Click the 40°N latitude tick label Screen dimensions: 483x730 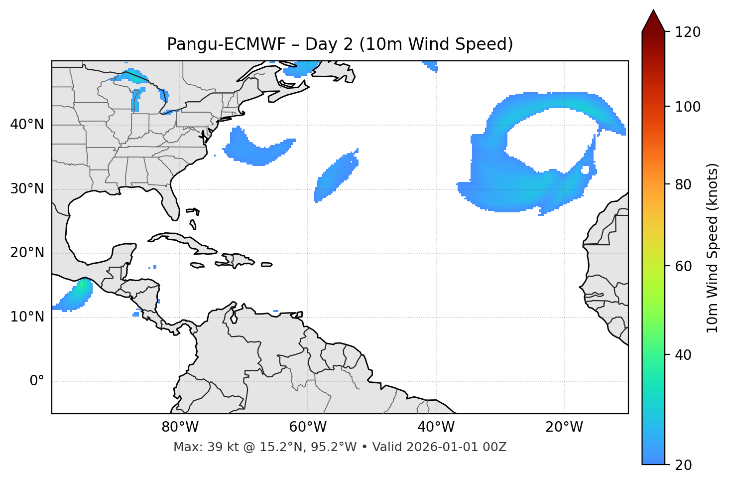point(27,125)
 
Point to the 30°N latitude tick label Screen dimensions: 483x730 point(27,189)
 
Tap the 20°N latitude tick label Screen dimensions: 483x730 point(27,253)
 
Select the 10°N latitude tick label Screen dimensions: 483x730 point(27,317)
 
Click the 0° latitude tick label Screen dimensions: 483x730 point(37,381)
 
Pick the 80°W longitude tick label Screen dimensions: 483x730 point(180,427)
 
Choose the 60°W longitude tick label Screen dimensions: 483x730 point(308,427)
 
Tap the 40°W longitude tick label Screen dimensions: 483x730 point(436,427)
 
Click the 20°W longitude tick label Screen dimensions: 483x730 point(564,427)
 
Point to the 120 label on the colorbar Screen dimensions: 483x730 point(687,32)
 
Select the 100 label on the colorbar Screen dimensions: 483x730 point(687,107)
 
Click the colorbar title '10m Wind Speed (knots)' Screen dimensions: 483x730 point(713,248)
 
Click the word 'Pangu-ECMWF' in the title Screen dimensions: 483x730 point(226,44)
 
